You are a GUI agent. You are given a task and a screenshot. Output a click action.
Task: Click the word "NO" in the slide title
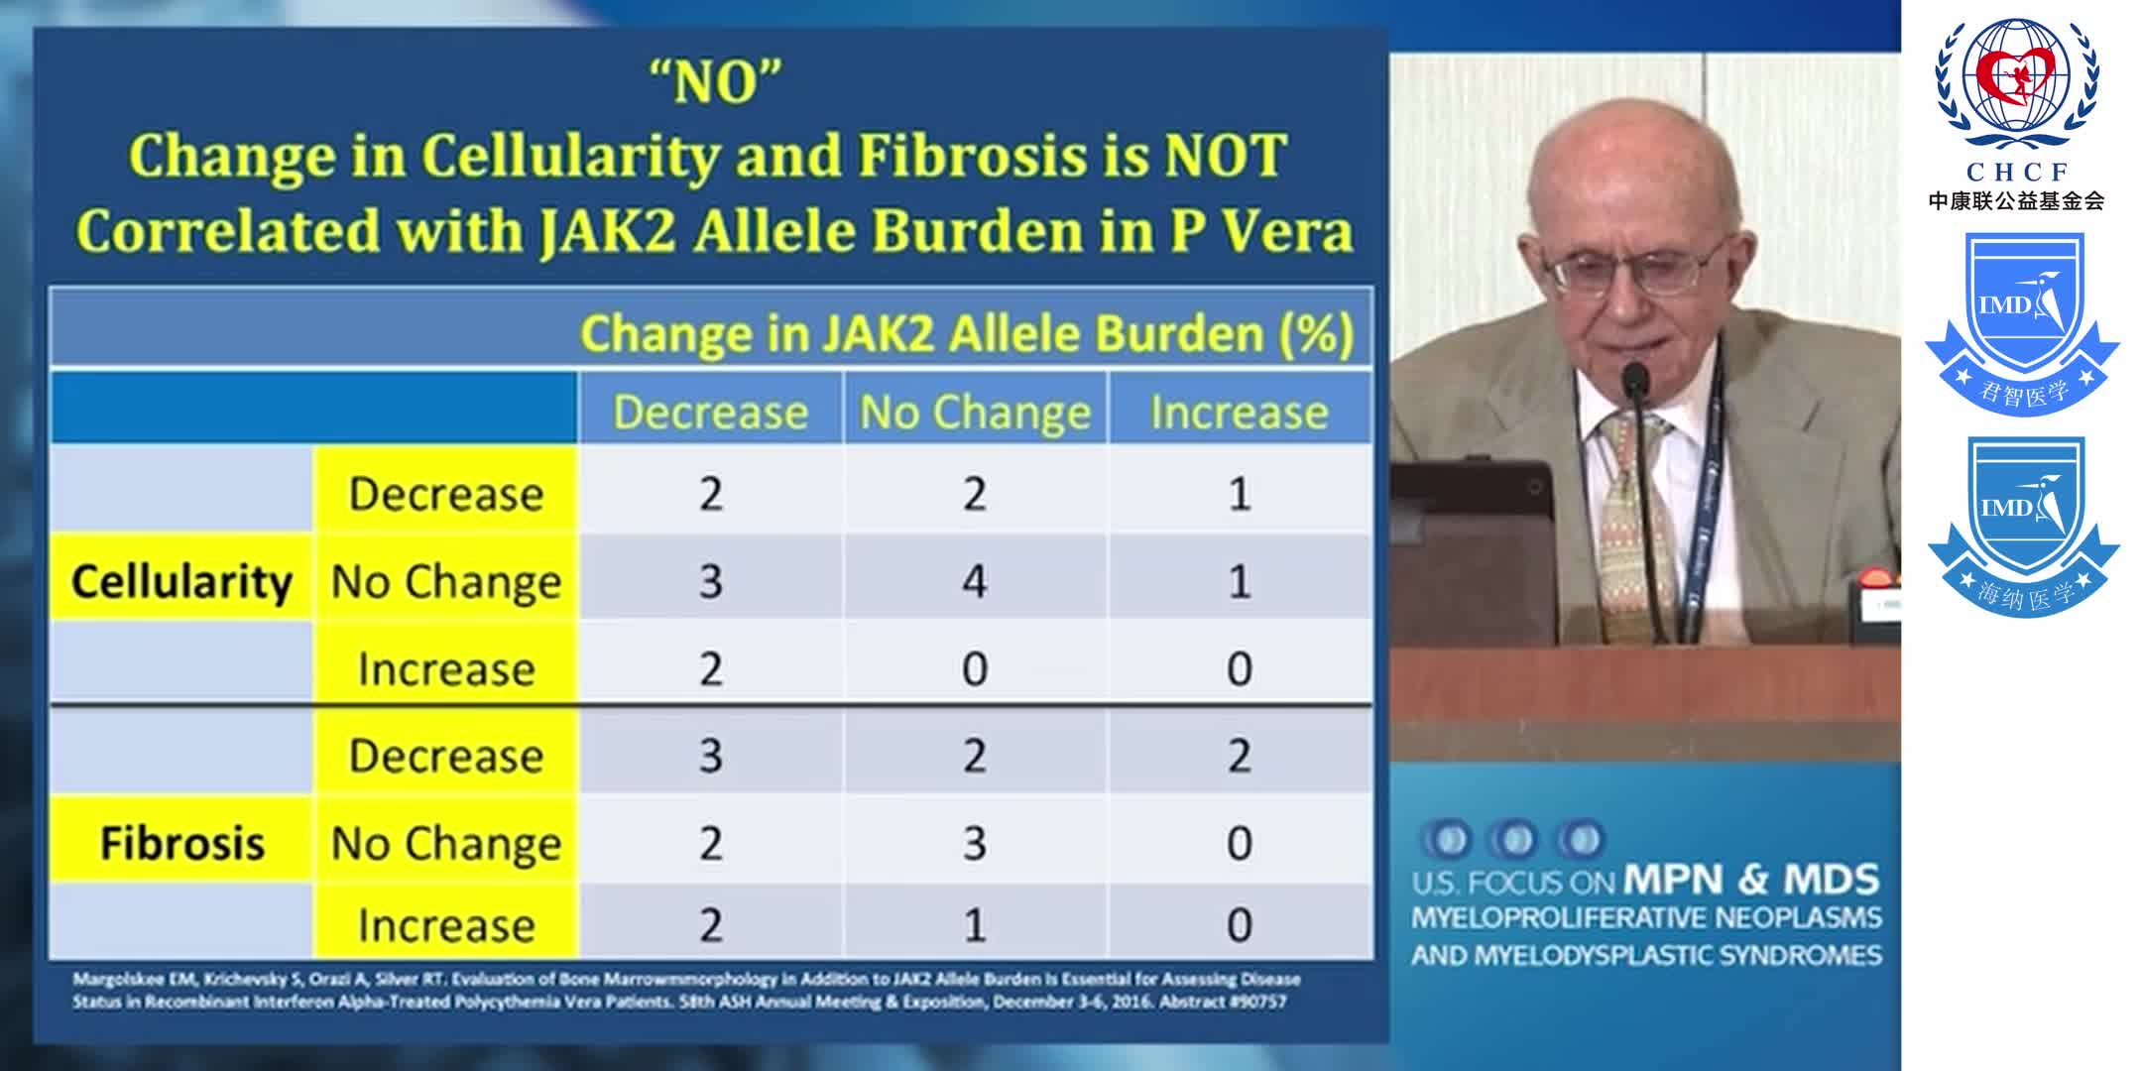[715, 83]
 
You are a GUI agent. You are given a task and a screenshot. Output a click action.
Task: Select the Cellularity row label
[181, 581]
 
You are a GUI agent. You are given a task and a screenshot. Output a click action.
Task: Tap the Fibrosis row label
[182, 844]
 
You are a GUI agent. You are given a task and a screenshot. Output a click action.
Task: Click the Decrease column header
[710, 412]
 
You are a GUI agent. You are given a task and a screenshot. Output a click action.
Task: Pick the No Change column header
[975, 412]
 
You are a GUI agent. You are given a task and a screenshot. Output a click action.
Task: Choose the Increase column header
[1239, 412]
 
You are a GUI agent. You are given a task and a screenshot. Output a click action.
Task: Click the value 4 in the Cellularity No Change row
[975, 581]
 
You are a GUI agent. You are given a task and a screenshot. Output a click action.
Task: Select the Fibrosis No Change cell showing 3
[975, 844]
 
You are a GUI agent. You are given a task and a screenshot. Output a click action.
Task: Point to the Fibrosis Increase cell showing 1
[975, 925]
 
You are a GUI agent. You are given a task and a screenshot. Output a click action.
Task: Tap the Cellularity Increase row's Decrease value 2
[710, 669]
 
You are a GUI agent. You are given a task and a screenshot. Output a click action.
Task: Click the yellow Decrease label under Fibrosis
[445, 757]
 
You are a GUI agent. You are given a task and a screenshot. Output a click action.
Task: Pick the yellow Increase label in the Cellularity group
[445, 669]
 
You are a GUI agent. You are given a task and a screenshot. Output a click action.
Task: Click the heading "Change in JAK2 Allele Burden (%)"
[967, 333]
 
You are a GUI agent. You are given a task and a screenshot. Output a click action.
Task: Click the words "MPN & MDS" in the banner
[1751, 880]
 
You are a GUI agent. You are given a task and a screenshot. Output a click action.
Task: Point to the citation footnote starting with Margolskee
[684, 991]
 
